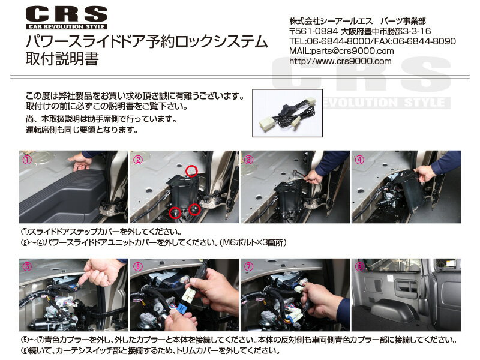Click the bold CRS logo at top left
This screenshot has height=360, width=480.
click(x=67, y=14)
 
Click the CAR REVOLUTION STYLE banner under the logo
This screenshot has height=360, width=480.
click(x=67, y=26)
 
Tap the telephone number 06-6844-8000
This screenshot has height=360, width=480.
click(x=338, y=41)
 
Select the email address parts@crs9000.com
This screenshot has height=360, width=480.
click(x=352, y=51)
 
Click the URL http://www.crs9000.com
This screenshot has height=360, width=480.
click(x=340, y=61)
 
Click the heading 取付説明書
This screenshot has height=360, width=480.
click(x=62, y=59)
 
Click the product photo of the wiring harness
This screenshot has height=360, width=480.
click(x=287, y=113)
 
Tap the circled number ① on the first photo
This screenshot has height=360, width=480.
click(x=27, y=159)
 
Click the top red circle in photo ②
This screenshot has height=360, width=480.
click(x=191, y=170)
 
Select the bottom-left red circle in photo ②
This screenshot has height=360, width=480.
click(x=175, y=212)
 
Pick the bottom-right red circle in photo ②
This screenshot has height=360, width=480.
click(x=194, y=209)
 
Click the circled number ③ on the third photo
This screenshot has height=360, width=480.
click(x=249, y=160)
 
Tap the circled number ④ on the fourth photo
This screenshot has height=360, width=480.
click(x=359, y=160)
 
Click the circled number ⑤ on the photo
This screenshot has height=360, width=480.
click(x=27, y=266)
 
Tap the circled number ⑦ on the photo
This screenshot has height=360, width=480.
click(x=249, y=266)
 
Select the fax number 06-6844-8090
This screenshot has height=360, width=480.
click(x=424, y=41)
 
